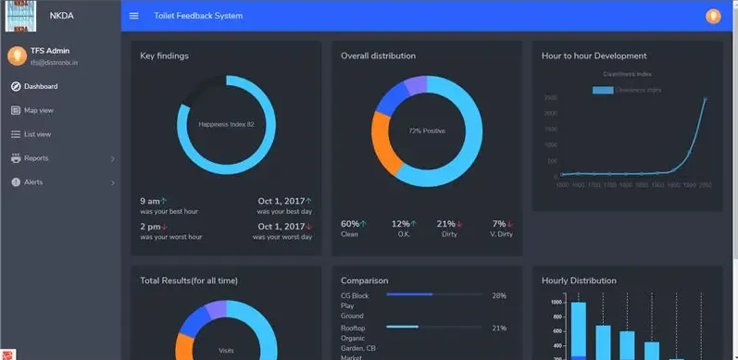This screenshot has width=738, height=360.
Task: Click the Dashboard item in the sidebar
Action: (40, 87)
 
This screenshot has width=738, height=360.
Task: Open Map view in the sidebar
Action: (38, 111)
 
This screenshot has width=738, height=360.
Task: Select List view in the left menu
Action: (37, 134)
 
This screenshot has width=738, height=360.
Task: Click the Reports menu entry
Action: (36, 158)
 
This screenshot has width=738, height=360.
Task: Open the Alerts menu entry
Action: (33, 182)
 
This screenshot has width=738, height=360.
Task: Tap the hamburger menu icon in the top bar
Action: (134, 16)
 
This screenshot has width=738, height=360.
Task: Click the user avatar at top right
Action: (713, 16)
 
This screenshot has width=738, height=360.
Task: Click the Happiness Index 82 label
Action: (226, 124)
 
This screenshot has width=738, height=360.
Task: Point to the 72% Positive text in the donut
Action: (427, 131)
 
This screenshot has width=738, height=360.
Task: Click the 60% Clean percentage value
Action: (350, 224)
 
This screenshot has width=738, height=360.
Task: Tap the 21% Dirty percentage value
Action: (445, 224)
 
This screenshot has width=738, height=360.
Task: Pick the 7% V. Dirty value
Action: (498, 224)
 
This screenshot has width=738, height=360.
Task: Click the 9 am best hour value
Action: (150, 201)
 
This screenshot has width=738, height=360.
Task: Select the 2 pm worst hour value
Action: (150, 227)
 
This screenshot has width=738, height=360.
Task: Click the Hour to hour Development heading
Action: (594, 56)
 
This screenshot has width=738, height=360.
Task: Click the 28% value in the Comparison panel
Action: (499, 295)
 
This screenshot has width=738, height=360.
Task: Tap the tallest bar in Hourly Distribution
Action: (578, 329)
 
